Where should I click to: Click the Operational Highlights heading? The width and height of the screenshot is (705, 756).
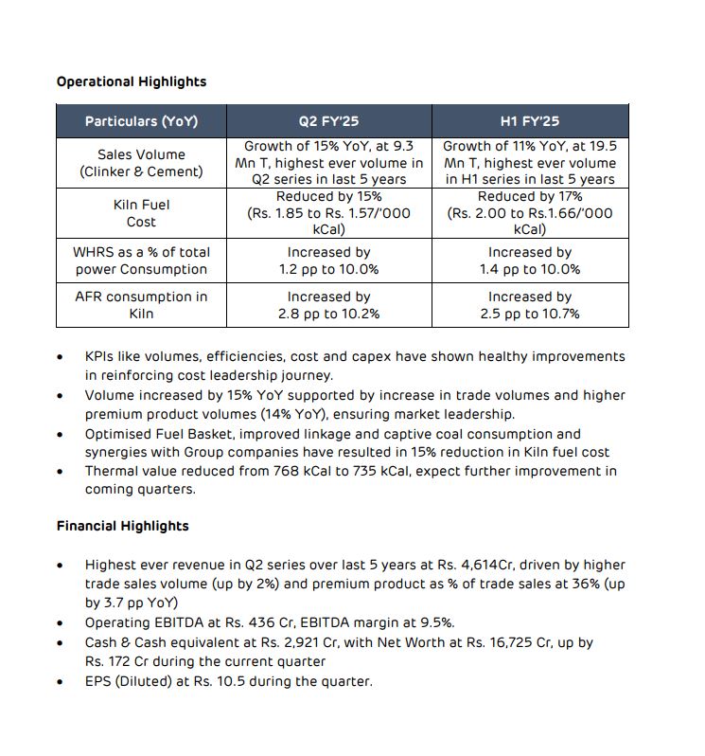(131, 81)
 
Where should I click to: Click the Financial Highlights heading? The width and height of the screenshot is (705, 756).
(122, 526)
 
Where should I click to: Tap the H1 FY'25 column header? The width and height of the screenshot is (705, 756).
(529, 121)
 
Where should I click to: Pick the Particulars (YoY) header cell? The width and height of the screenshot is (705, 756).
(141, 121)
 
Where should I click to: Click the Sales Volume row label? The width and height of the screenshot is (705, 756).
(141, 163)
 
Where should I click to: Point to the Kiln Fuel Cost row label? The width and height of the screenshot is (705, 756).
(141, 213)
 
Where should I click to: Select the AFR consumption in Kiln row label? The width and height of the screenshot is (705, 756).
(141, 305)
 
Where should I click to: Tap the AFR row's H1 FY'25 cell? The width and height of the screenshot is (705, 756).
(529, 305)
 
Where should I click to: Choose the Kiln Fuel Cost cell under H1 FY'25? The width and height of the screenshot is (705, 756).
(529, 213)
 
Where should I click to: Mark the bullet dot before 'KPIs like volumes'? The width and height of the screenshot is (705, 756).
(61, 357)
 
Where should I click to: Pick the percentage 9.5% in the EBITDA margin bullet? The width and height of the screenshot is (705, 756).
(437, 622)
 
